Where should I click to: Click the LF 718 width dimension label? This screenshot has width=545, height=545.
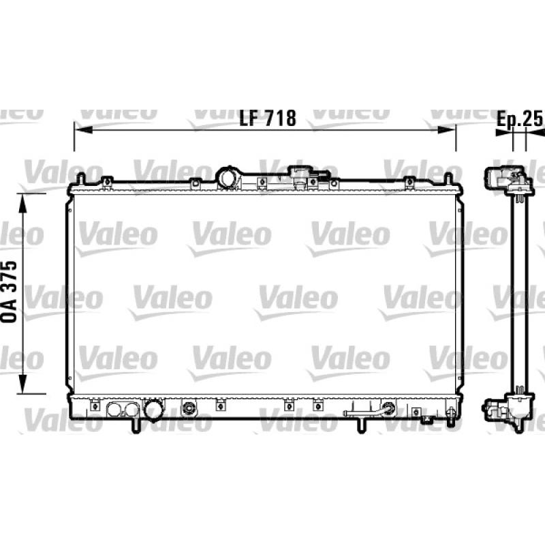tap(268, 118)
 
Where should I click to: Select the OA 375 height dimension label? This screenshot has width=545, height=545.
tap(10, 292)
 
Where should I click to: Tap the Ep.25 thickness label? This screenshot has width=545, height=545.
tap(519, 119)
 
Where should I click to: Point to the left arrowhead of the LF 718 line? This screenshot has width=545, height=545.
tap(83, 130)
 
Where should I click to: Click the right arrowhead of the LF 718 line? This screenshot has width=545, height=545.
tap(446, 130)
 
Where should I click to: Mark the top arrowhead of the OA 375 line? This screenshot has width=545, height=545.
tap(22, 203)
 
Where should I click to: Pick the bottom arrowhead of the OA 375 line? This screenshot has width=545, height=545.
tap(22, 384)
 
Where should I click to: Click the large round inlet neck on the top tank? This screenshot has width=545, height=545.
tap(228, 178)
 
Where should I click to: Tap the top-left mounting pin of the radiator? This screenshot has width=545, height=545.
tap(80, 178)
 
